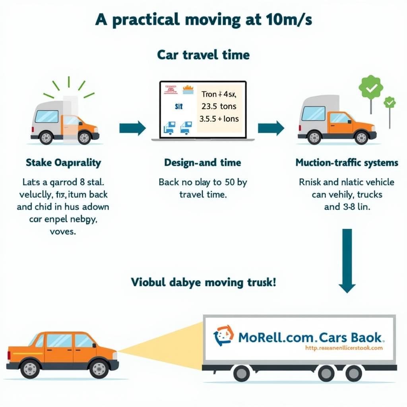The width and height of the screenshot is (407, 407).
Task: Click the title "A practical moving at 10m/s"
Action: [203, 21]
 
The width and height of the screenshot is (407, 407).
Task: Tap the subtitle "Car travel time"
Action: [203, 54]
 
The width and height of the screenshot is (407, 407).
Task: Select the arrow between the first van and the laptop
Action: [133, 128]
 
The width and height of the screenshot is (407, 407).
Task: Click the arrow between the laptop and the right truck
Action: [271, 128]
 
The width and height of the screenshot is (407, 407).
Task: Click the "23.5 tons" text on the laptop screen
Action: [219, 106]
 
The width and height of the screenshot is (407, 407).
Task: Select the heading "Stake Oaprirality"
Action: [63, 163]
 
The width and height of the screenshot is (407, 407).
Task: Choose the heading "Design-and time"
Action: [203, 163]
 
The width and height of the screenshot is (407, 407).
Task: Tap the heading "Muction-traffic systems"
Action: [347, 163]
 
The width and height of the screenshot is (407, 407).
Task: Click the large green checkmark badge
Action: [371, 87]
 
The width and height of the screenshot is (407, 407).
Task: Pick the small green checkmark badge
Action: [390, 103]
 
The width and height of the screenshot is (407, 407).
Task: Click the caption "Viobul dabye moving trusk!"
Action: [203, 283]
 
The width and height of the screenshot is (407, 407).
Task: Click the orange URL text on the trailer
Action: [343, 348]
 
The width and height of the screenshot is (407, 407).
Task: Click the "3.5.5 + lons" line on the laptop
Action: [219, 118]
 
